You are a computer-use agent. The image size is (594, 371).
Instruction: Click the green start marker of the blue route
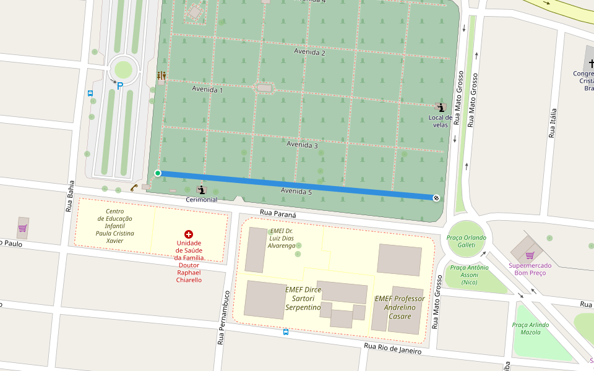pyautogui.click(x=158, y=173)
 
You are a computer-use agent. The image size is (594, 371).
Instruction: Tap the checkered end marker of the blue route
pyautogui.click(x=436, y=198)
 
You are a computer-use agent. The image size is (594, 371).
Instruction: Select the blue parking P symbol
pyautogui.click(x=119, y=86)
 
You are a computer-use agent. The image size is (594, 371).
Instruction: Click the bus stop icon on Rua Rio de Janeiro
pyautogui.click(x=285, y=332)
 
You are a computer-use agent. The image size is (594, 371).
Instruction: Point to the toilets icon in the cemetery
pyautogui.click(x=161, y=75)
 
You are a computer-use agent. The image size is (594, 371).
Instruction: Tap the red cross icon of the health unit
pyautogui.click(x=189, y=234)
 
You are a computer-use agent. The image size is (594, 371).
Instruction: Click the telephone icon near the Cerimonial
pyautogui.click(x=134, y=187)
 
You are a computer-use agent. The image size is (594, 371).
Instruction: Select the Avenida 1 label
pyautogui.click(x=207, y=90)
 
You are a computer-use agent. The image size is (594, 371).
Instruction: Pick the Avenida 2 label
pyautogui.click(x=309, y=53)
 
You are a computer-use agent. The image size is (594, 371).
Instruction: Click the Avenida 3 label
pyautogui.click(x=302, y=145)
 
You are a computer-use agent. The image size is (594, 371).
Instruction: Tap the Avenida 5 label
pyautogui.click(x=296, y=192)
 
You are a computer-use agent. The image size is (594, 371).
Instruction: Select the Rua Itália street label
pyautogui.click(x=553, y=123)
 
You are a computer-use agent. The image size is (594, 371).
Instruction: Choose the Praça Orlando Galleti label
pyautogui.click(x=467, y=241)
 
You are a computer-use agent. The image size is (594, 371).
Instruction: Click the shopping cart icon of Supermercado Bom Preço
pyautogui.click(x=530, y=255)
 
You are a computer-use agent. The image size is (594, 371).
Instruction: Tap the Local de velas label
pyautogui.click(x=441, y=121)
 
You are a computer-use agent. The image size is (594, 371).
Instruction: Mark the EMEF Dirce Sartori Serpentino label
pyautogui.click(x=303, y=298)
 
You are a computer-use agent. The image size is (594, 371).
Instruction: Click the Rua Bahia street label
pyautogui.click(x=70, y=197)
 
